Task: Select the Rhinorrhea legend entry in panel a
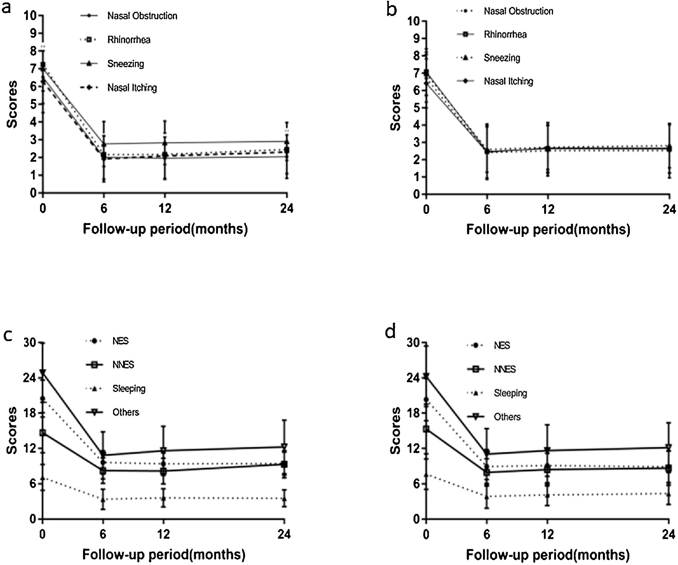[x=128, y=40]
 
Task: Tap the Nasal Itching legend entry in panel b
[x=508, y=81]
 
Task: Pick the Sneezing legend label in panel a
[x=125, y=64]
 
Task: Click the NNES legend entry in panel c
[x=123, y=365]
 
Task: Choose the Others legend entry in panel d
[x=507, y=417]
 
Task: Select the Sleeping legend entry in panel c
[x=129, y=388]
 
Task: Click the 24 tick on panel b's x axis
[x=669, y=210]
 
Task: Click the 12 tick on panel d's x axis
[x=548, y=535]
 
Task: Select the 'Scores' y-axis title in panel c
[x=12, y=430]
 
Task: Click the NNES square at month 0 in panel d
[x=426, y=429]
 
